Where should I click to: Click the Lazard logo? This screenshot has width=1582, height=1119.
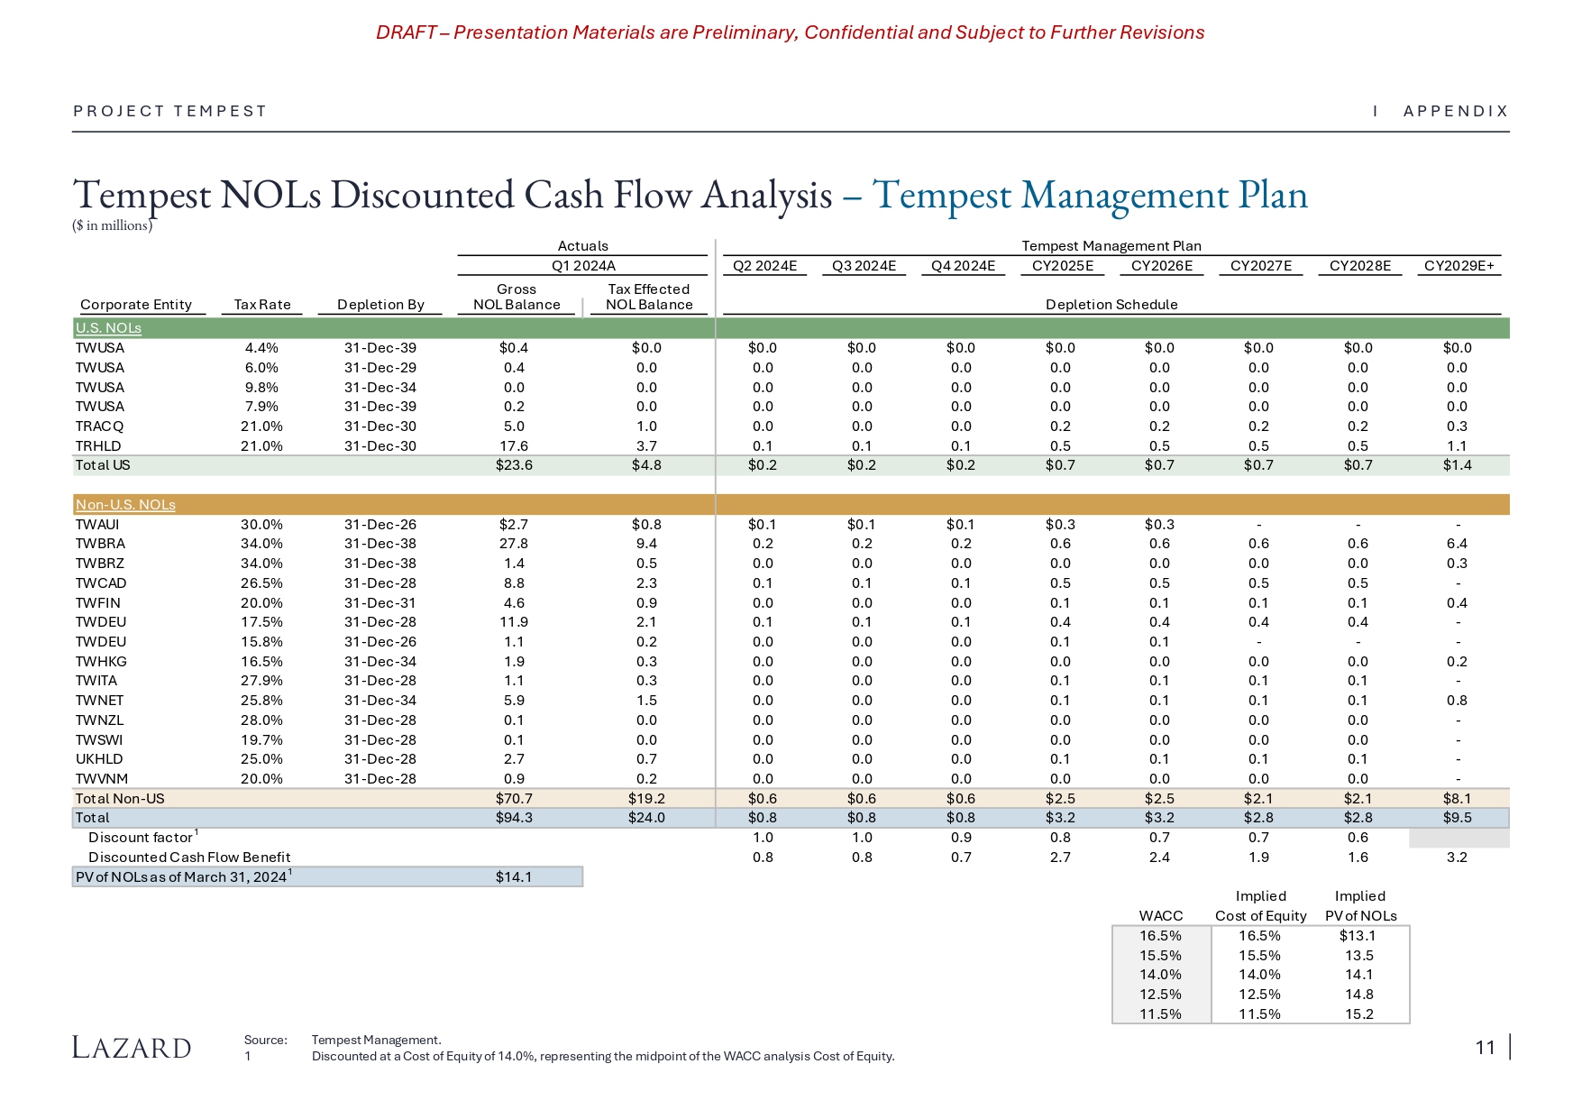pyautogui.click(x=132, y=1048)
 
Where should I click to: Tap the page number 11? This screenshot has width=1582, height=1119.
pyautogui.click(x=1486, y=1047)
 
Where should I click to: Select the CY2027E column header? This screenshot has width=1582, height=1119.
pyautogui.click(x=1261, y=266)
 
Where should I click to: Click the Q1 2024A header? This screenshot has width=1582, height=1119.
pyautogui.click(x=583, y=266)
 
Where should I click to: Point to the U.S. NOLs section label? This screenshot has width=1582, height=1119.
pyautogui.click(x=108, y=328)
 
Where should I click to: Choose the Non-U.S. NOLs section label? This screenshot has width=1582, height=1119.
pyautogui.click(x=125, y=505)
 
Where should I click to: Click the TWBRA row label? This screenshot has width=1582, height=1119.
pyautogui.click(x=100, y=544)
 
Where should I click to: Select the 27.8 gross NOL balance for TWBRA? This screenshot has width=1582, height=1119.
pyautogui.click(x=514, y=544)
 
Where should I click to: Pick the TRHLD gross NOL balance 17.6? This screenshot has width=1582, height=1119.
pyautogui.click(x=514, y=446)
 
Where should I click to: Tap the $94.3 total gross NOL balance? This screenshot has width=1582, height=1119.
pyautogui.click(x=513, y=818)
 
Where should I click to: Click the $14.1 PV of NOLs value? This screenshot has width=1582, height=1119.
pyautogui.click(x=513, y=877)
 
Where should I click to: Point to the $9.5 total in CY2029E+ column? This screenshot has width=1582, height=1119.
pyautogui.click(x=1457, y=818)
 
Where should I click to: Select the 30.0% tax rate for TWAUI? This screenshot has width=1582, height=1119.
pyautogui.click(x=261, y=525)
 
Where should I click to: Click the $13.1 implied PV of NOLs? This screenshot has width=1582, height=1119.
pyautogui.click(x=1358, y=936)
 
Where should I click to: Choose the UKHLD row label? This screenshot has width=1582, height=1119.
pyautogui.click(x=99, y=759)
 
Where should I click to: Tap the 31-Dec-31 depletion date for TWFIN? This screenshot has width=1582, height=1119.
pyautogui.click(x=380, y=603)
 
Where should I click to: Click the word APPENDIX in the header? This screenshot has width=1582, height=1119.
pyautogui.click(x=1456, y=111)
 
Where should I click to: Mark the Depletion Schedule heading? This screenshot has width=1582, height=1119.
pyautogui.click(x=1111, y=305)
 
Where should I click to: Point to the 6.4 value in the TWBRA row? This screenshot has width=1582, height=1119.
pyautogui.click(x=1457, y=544)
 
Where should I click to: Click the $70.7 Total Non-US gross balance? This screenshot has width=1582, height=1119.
pyautogui.click(x=513, y=799)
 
